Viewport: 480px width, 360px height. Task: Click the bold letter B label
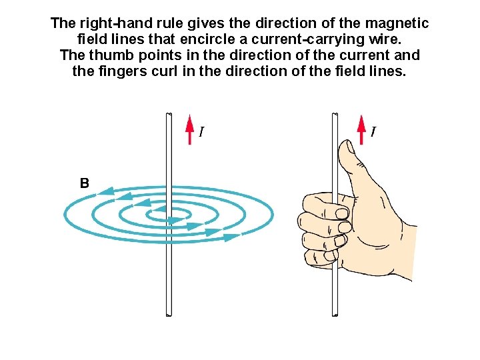[85, 183]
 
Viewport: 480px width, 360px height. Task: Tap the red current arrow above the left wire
[189, 127]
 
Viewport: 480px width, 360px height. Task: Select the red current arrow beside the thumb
[361, 127]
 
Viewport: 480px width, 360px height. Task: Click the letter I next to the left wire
[201, 133]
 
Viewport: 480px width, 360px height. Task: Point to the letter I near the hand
[373, 133]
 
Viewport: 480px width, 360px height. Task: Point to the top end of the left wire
[167, 115]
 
